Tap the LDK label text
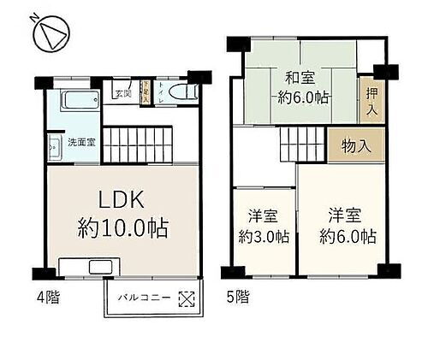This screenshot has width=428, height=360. [122, 200]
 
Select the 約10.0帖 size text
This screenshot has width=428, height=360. [122, 228]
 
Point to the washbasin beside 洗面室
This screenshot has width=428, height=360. [52, 145]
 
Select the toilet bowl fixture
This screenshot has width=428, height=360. [181, 94]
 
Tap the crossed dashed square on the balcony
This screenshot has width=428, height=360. [186, 299]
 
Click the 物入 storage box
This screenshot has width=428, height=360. [355, 145]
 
